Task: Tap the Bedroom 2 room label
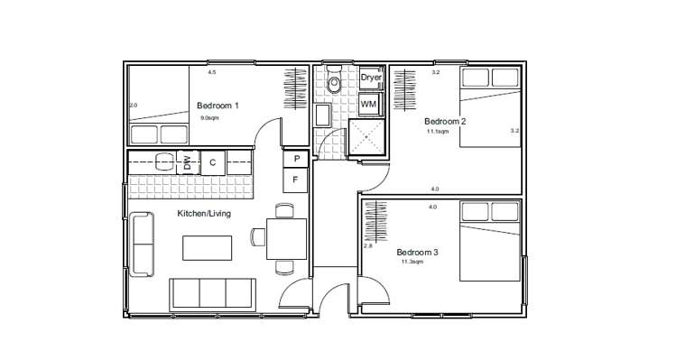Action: [444, 121]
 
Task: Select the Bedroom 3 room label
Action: [417, 252]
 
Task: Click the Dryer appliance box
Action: [371, 78]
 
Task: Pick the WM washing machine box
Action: [368, 105]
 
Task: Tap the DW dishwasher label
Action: [187, 163]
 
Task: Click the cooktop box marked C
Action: [212, 163]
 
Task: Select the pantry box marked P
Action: [296, 159]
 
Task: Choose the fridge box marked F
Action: [296, 180]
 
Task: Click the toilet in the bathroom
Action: [335, 84]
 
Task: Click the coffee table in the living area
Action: [208, 246]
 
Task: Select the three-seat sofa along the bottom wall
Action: [212, 293]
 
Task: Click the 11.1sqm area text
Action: [438, 132]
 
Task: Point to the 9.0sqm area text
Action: [209, 117]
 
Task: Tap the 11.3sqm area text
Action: [412, 263]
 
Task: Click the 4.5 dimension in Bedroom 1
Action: [212, 72]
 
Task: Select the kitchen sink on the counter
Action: [164, 162]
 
